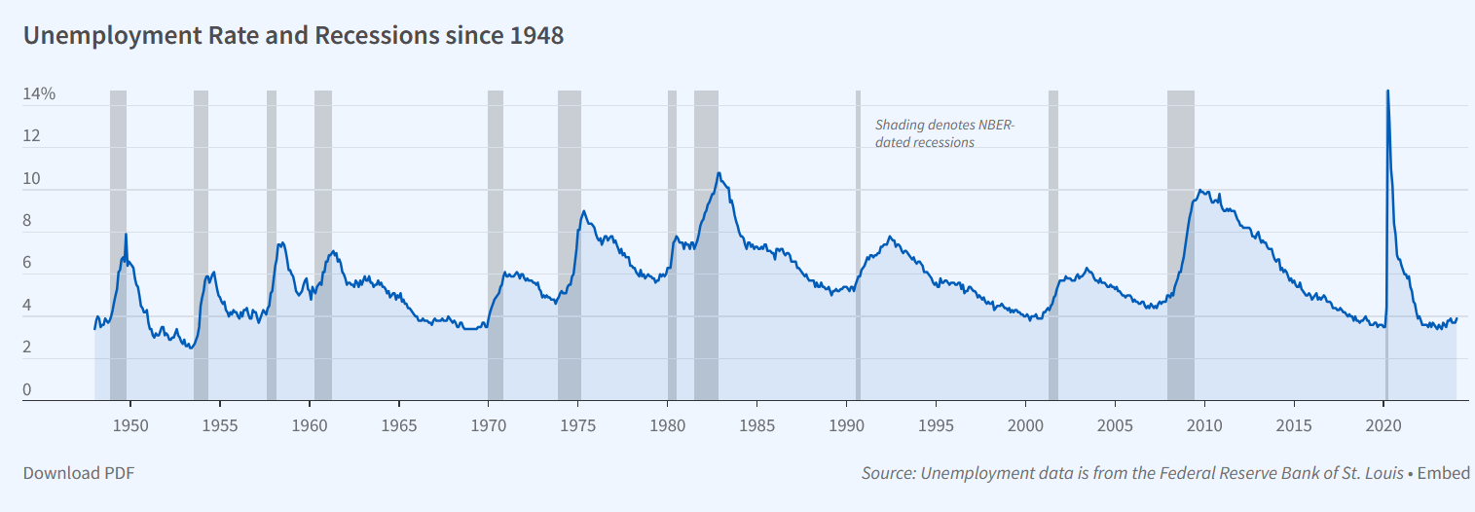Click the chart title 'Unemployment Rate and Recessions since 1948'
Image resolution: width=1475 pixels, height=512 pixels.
(x=293, y=36)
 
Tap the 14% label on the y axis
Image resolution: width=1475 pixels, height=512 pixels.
(x=39, y=94)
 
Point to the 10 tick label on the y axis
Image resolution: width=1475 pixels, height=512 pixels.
(x=31, y=178)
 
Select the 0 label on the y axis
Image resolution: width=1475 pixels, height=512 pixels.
(x=27, y=389)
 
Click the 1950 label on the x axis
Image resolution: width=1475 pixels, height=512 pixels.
(x=130, y=425)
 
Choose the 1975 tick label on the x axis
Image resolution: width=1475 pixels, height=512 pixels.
(x=577, y=425)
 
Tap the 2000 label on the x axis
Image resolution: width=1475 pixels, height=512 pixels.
(x=1025, y=425)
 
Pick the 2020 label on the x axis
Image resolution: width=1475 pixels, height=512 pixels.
(x=1383, y=425)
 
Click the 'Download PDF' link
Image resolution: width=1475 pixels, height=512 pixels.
(x=79, y=473)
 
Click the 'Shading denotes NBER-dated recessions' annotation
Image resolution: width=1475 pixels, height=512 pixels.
(x=944, y=133)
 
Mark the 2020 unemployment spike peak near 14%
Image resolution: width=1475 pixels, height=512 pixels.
(x=1387, y=91)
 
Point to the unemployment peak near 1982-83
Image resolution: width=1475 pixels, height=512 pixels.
(x=719, y=173)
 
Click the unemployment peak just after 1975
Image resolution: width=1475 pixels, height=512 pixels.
(x=583, y=211)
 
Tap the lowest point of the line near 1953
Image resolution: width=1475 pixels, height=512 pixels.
(x=191, y=347)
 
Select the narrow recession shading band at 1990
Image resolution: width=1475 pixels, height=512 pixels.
(x=858, y=245)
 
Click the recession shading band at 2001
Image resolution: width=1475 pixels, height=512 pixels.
(x=1052, y=245)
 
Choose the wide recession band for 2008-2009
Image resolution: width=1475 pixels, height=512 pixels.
(x=1181, y=245)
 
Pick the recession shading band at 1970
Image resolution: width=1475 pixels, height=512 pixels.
(x=496, y=245)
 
